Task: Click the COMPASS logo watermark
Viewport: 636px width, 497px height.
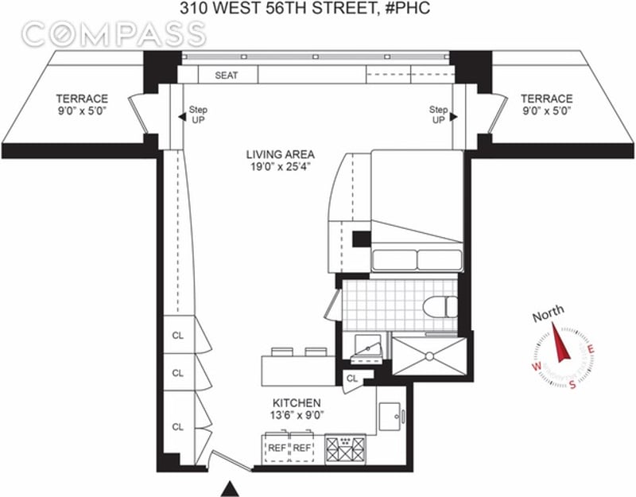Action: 114,33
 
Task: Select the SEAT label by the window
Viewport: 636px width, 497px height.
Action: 227,75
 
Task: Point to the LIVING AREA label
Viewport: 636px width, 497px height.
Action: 281,154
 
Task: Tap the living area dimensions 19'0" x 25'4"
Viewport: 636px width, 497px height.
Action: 281,167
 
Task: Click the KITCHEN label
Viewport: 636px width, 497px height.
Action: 297,403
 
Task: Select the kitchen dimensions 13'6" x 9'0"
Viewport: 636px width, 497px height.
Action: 297,415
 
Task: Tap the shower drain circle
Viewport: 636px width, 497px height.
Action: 429,355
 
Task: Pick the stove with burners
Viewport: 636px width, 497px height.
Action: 345,448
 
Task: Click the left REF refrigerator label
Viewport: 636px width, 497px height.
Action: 277,448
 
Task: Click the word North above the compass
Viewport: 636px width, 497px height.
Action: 548,313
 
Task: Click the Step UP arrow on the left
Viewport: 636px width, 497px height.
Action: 182,117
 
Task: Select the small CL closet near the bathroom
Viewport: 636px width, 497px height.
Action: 351,379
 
